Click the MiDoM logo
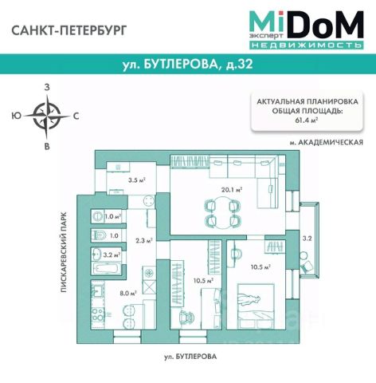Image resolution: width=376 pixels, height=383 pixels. coord(306,30)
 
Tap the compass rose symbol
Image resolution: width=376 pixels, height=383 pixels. coord(47,116)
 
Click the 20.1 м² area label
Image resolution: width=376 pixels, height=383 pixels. coord(232,190)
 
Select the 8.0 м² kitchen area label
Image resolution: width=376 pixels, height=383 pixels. coord(128,294)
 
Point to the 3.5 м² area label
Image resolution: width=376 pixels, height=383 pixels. coord(137,180)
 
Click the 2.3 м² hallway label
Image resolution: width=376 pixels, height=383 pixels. coord(144,241)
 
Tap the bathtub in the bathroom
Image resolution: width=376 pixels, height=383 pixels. coord(107,267)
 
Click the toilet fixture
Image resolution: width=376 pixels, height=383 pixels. coord(100,235)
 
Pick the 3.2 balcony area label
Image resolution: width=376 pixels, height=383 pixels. coord(307,239)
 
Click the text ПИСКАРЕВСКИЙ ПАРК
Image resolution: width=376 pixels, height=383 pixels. coord(64,252)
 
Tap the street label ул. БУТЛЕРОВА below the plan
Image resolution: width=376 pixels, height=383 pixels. coord(190,357)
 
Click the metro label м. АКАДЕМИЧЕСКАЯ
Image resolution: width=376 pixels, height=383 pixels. coord(326,143)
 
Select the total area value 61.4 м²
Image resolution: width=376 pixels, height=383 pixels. coord(307,120)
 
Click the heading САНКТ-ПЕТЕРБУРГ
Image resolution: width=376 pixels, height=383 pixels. coord(69,30)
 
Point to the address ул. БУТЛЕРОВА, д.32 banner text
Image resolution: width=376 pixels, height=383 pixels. coord(188,64)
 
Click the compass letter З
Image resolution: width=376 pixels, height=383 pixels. coord(47,87)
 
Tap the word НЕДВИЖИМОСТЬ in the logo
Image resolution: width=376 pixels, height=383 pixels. coord(306,45)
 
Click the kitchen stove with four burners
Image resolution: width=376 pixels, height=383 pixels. coord(97,314)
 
